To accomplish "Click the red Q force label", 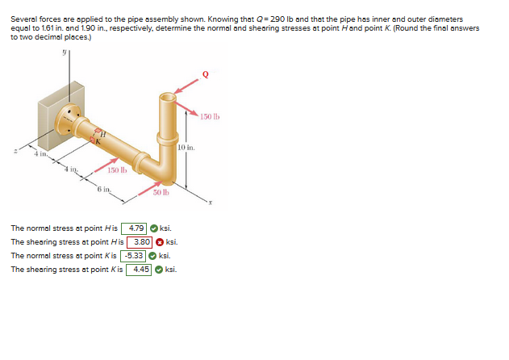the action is tap(206, 74).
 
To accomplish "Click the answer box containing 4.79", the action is tap(134, 228).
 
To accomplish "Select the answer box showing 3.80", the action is tap(140, 242).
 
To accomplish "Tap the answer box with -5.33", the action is tap(133, 256).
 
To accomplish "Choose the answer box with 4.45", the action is tap(139, 270).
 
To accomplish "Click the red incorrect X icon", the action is tap(160, 242).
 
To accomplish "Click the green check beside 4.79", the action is tap(154, 228).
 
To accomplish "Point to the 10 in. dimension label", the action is tap(186, 148).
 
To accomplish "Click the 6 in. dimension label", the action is tap(104, 189).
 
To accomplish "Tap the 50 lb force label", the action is tap(161, 192).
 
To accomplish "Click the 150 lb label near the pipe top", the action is tap(210, 117).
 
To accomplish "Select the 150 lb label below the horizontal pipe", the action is tap(117, 170).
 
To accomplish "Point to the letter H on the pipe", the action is tap(103, 133).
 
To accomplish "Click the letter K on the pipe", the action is tap(98, 141).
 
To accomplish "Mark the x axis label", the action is tap(211, 203).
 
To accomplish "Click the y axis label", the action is tap(65, 52).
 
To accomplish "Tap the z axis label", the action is tap(15, 151).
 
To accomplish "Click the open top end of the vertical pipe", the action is tap(168, 97).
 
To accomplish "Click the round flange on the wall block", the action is tap(68, 119).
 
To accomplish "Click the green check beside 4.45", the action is tap(159, 270).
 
